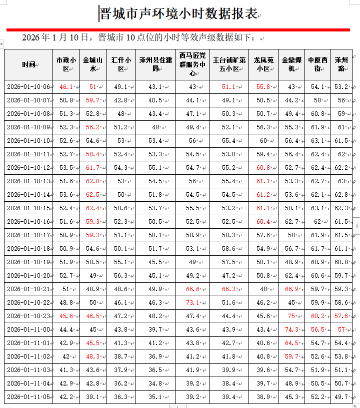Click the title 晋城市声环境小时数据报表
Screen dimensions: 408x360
pos(178,13)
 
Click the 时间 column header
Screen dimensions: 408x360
pos(28,64)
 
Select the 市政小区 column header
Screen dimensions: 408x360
pos(66,64)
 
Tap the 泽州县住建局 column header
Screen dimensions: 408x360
pos(155,64)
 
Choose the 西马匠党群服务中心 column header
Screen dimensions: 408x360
pos(192,64)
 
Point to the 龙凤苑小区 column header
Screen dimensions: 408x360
pos(262,64)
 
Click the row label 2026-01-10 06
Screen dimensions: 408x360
pos(28,87)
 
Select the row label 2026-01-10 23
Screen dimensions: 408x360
pos(28,316)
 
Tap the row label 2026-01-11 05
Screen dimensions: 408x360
pos(28,397)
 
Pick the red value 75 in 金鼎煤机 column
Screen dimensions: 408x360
pos(291,316)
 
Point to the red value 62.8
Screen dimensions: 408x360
pos(92,181)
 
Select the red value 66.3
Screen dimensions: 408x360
pos(228,289)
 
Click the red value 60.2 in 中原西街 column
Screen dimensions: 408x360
pos(317,316)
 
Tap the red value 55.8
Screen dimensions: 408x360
pos(263,87)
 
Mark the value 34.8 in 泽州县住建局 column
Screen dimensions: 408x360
pos(154,384)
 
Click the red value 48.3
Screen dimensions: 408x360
pos(92,357)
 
